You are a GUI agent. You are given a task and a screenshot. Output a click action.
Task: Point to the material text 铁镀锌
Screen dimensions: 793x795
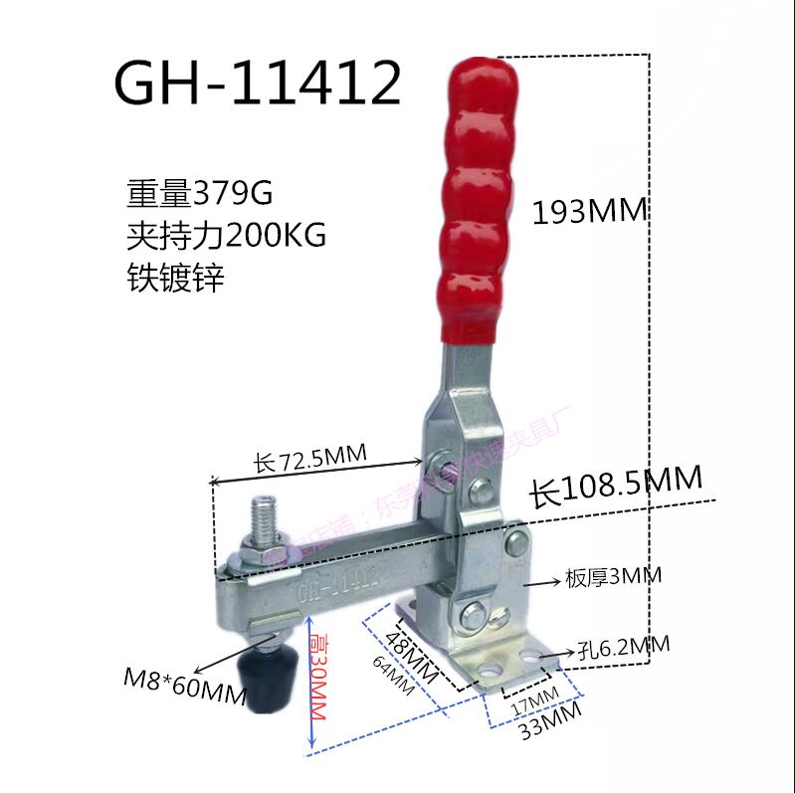175,278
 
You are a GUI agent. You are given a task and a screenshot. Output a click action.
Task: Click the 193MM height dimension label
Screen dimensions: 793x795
589,211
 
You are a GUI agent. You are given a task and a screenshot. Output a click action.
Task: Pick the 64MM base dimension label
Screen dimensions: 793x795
398,681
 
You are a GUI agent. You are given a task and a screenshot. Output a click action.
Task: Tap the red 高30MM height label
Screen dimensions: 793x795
319,671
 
